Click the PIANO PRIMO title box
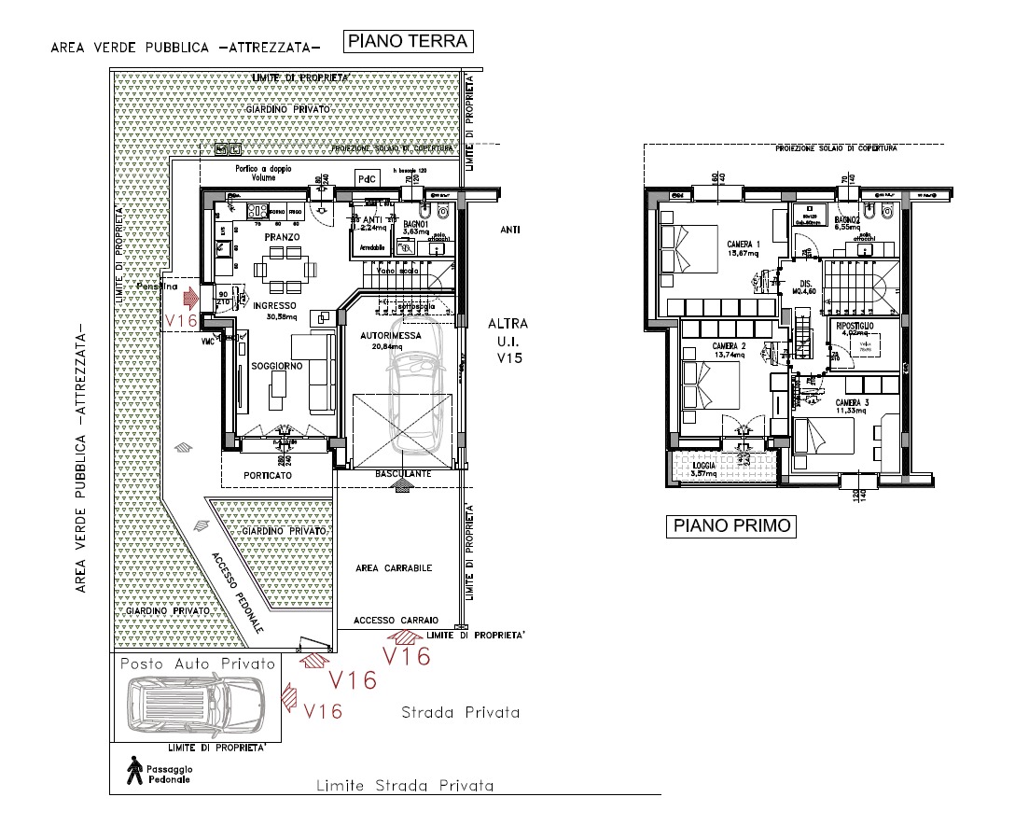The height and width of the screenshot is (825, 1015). [x=732, y=525]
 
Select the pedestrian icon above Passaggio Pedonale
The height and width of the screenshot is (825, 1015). [x=137, y=767]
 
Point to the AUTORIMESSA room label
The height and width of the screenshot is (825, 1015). [x=383, y=335]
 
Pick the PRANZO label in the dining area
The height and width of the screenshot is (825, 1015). [x=281, y=238]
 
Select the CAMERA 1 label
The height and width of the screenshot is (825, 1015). [x=744, y=245]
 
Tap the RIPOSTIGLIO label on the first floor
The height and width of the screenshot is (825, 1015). [x=855, y=325]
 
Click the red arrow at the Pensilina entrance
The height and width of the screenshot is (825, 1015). [x=191, y=300]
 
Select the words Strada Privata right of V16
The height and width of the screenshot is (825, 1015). [x=460, y=713]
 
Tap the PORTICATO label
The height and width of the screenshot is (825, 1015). [x=268, y=475]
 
